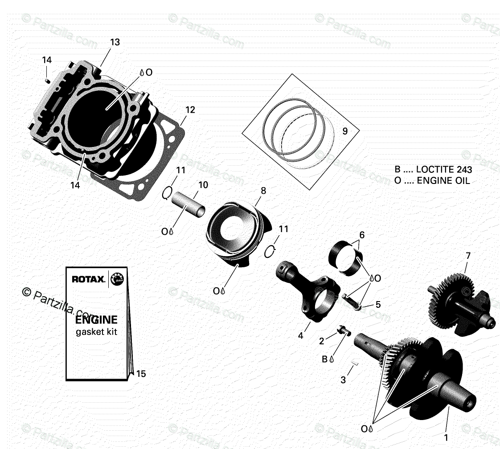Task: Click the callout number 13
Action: tap(115, 42)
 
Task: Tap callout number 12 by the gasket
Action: tap(190, 110)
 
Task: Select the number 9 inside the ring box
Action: tap(344, 131)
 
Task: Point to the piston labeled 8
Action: tap(236, 227)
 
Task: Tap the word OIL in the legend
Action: tap(461, 180)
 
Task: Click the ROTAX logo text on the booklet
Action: tap(89, 280)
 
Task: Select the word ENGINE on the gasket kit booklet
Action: tap(96, 319)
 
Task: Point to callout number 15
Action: tap(141, 374)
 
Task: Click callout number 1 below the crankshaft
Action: tap(446, 437)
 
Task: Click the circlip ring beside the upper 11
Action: tap(167, 192)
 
